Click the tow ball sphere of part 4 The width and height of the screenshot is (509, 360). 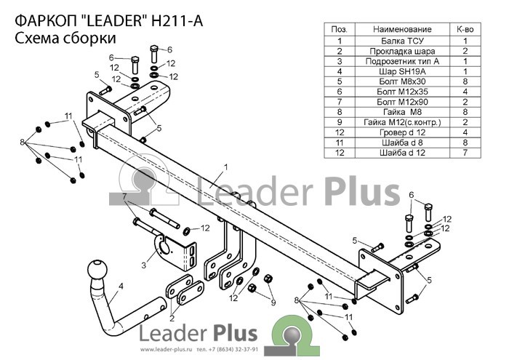(x=97, y=269)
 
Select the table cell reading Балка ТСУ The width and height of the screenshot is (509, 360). (x=402, y=41)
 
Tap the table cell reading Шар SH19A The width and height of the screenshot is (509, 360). (x=402, y=71)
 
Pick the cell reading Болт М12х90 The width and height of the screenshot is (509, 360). (x=402, y=102)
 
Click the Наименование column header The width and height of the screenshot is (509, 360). (x=402, y=30)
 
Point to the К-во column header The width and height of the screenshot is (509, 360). (x=465, y=30)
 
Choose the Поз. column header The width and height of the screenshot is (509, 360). (x=340, y=30)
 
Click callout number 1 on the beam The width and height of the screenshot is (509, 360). (x=225, y=167)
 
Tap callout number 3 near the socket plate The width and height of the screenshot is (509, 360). (x=144, y=265)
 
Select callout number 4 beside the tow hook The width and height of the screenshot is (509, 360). (x=121, y=287)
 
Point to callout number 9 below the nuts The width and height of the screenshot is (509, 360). (x=273, y=303)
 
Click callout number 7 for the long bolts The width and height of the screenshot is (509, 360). (x=124, y=196)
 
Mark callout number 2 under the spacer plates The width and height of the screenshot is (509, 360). (x=172, y=318)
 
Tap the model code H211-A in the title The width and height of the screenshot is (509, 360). (x=177, y=21)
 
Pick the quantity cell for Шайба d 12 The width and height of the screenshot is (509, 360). (x=465, y=153)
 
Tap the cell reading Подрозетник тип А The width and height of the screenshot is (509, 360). (x=402, y=61)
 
